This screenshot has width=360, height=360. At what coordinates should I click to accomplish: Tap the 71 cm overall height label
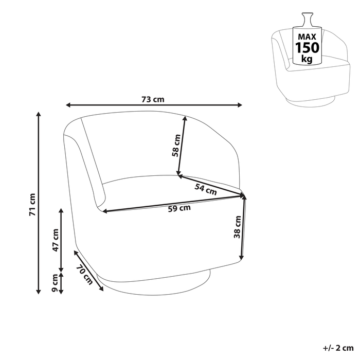pos(32,205)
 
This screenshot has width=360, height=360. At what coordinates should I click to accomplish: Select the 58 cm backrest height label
pos(176,146)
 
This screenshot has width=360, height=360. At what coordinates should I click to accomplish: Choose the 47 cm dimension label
pos(56,240)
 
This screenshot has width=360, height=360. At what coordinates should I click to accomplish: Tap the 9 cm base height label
pos(56,282)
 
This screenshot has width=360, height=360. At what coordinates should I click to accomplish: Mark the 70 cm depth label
pos(84,275)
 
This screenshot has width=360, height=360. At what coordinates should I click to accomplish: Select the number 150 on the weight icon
pos(307,48)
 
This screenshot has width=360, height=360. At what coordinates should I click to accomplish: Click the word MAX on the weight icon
pos(307,37)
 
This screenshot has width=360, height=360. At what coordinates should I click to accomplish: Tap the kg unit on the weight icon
pos(307,60)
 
